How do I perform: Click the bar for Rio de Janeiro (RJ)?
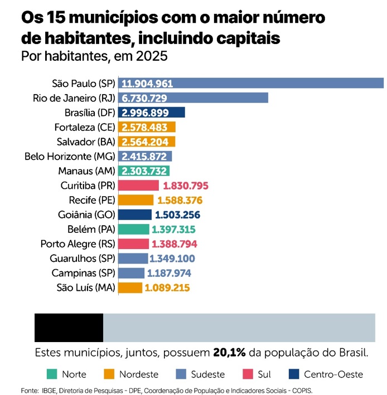click(x=193, y=98)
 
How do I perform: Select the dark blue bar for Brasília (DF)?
click(x=152, y=113)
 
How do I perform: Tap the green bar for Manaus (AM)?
click(x=144, y=171)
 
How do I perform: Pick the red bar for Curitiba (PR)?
click(x=139, y=186)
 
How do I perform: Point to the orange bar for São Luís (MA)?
click(x=130, y=288)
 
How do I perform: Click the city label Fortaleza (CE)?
click(x=85, y=127)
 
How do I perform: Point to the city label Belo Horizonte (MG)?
click(x=70, y=157)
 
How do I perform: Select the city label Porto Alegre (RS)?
click(x=78, y=244)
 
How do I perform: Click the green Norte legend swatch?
click(x=51, y=374)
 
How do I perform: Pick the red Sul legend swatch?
click(x=248, y=374)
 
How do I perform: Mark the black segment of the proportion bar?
click(x=69, y=328)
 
